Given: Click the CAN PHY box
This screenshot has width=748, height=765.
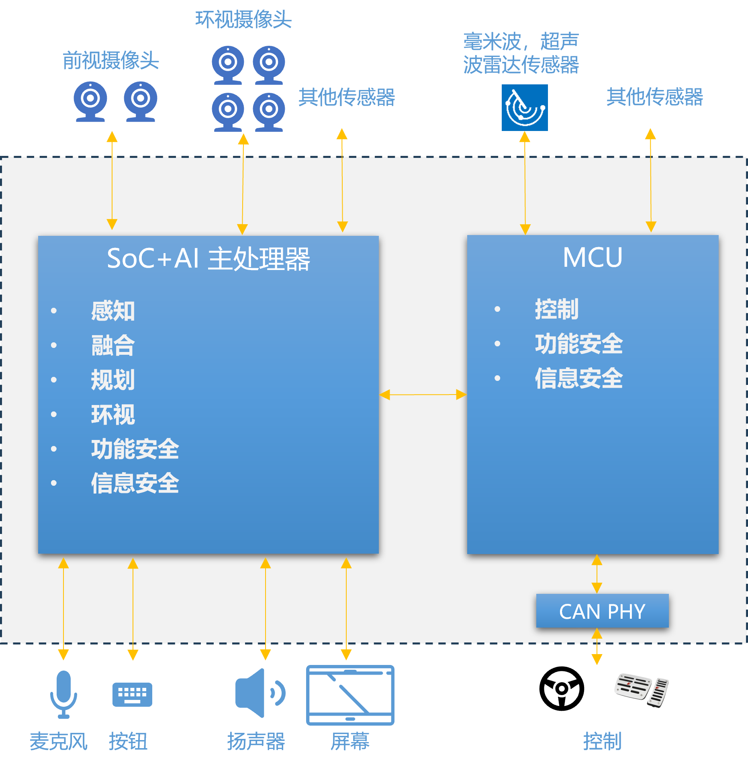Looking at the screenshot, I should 602,611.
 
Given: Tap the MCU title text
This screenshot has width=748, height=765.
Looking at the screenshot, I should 593,257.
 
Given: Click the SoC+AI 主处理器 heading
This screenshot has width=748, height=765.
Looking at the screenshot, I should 208,258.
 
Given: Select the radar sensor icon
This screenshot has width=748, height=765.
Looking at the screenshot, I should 525,108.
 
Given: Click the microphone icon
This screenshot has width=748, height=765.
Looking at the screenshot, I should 63,694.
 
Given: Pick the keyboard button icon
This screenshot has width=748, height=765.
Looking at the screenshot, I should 132,694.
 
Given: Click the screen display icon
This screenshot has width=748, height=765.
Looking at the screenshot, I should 350,695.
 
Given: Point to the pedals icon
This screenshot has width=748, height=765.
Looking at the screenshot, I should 641,689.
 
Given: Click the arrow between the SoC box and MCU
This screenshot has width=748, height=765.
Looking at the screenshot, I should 423,395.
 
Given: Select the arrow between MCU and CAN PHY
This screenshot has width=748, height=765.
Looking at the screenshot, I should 597,574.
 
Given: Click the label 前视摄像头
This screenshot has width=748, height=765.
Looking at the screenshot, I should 111,61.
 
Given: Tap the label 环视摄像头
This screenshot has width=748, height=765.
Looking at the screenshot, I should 243,19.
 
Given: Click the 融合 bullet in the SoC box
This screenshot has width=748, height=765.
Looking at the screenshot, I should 113,346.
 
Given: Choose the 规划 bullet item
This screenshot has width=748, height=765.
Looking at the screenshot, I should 113,380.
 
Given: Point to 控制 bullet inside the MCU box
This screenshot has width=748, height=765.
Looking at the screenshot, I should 556,309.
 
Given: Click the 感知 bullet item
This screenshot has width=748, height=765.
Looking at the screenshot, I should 113,311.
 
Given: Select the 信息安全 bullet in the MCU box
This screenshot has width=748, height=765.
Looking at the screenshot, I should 578,378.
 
